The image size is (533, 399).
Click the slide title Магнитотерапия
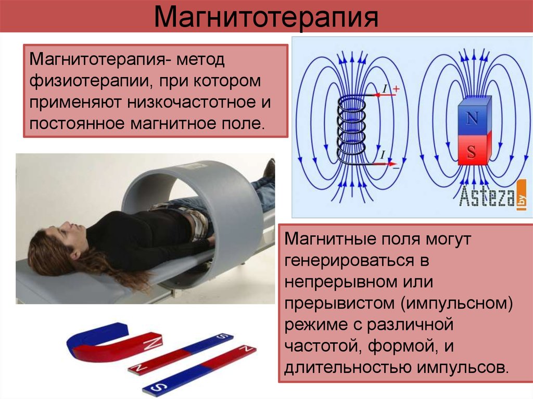pyautogui.click(x=266, y=16)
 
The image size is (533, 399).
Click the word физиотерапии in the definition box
pyautogui.click(x=87, y=82)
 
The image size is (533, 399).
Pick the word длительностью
pyautogui.click(x=348, y=368)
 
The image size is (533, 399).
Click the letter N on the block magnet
pyautogui.click(x=472, y=118)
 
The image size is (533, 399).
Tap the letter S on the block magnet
pyautogui.click(x=471, y=152)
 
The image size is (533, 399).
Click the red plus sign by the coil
pyautogui.click(x=396, y=89)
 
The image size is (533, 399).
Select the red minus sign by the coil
pyautogui.click(x=396, y=168)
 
